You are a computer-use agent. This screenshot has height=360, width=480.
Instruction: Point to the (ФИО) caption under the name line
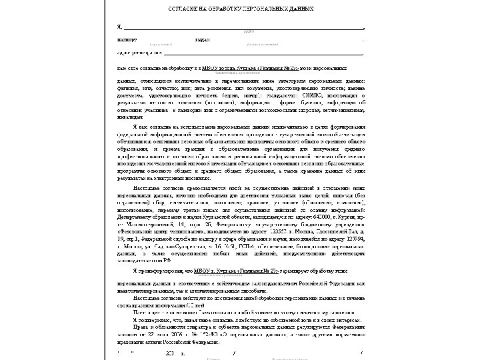(248, 32)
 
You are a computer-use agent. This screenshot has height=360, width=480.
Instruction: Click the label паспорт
(127, 39)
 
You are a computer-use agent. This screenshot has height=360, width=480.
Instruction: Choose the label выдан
(202, 39)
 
